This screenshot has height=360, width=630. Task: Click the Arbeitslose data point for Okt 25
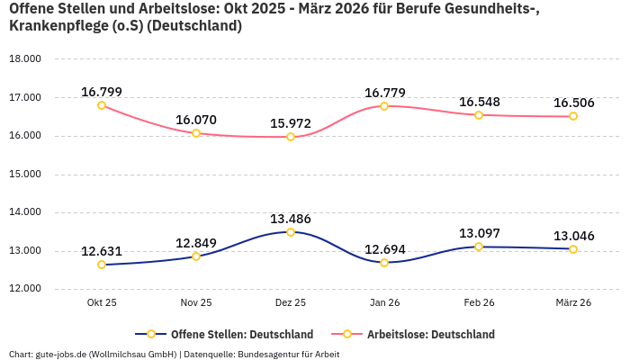pos(102,105)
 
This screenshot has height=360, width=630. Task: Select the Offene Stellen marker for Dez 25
pos(291,232)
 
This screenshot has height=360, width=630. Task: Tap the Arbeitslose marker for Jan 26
pos(384,106)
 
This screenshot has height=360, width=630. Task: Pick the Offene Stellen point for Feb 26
pos(479,247)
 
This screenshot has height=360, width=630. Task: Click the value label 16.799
pos(102,92)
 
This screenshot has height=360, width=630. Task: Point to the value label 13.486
pos(291,219)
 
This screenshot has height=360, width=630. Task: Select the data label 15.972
pos(291,123)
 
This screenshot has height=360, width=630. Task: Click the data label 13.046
pos(573,236)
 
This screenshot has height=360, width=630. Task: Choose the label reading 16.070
pos(196,120)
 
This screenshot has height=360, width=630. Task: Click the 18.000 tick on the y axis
pos(25,59)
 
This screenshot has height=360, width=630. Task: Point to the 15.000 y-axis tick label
pos(25,175)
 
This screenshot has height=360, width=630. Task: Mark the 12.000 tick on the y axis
pos(25,289)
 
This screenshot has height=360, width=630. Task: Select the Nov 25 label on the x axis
pos(196,303)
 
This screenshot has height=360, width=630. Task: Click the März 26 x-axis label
pos(573,303)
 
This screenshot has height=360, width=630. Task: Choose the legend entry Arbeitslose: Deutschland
pos(430,334)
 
